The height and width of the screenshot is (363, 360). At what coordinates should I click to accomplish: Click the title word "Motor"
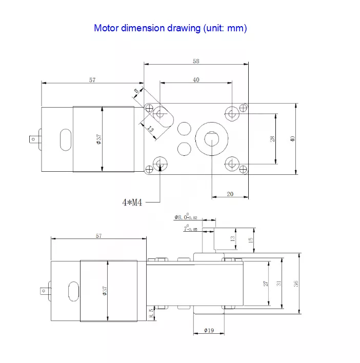click(x=107, y=28)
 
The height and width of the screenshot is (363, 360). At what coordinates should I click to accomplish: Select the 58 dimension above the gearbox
click(x=196, y=61)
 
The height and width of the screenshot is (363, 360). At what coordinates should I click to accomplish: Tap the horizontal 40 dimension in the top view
click(x=196, y=79)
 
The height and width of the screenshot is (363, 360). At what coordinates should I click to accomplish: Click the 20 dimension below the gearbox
click(x=230, y=194)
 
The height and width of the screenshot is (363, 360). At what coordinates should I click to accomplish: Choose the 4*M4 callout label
click(x=131, y=203)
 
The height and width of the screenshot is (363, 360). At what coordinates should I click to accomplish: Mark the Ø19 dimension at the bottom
click(x=209, y=331)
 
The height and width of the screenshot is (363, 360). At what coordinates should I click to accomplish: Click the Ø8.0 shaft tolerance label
click(x=188, y=217)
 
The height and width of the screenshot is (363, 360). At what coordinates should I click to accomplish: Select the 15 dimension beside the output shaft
click(x=250, y=240)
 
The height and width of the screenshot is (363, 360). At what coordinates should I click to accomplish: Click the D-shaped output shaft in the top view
click(x=212, y=138)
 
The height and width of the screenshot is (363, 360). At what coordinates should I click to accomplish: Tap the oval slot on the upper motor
click(x=66, y=139)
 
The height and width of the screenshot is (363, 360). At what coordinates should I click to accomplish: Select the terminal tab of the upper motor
click(x=34, y=138)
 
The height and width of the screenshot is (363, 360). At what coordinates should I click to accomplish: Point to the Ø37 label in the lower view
click(x=105, y=290)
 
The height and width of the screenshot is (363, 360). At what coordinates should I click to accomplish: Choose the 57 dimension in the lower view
click(x=99, y=236)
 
